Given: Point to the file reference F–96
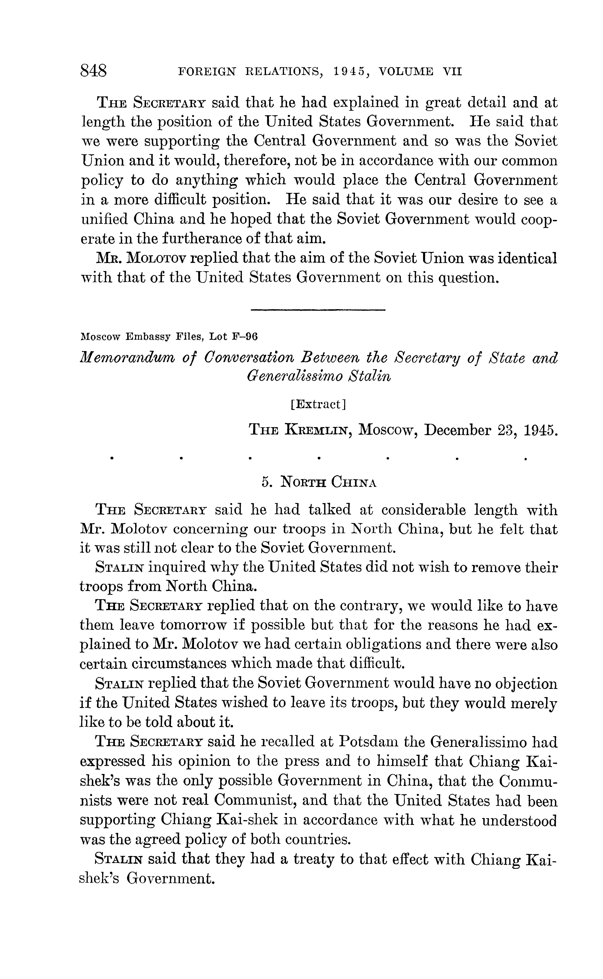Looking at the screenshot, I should tap(245, 336).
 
